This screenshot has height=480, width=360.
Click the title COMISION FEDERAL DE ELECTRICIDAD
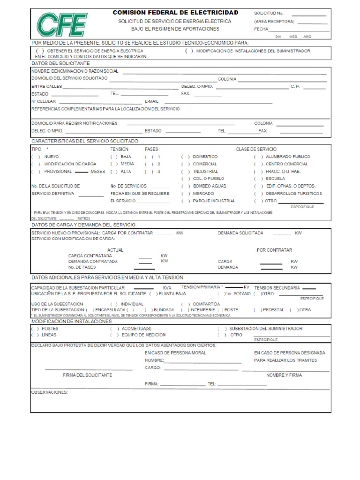(x=175, y=12)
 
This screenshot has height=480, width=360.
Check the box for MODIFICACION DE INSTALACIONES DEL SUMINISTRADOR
(x=189, y=51)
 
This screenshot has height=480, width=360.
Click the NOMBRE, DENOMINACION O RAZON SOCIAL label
(x=75, y=71)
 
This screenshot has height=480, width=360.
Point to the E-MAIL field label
(x=152, y=101)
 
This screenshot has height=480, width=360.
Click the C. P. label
(x=295, y=86)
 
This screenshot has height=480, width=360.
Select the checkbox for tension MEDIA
(x=113, y=164)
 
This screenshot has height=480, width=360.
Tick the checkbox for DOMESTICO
(x=185, y=157)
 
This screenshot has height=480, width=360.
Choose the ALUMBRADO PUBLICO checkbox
(x=258, y=157)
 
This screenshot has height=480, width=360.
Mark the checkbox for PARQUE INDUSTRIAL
(x=185, y=201)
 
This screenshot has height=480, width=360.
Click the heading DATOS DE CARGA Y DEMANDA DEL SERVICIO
(x=83, y=225)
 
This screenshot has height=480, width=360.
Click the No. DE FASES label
(x=82, y=267)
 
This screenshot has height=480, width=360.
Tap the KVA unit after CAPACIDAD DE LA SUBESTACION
(x=167, y=287)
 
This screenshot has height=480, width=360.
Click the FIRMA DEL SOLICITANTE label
(x=87, y=375)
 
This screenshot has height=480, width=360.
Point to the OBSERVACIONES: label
(x=49, y=392)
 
